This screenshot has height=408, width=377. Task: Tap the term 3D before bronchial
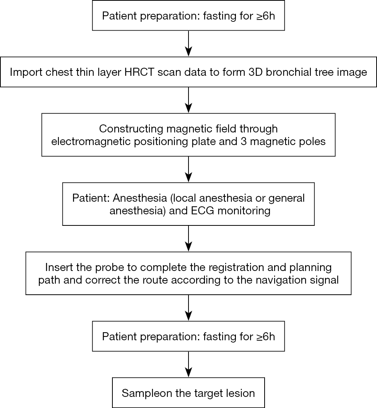tap(255, 72)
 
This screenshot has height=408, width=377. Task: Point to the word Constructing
tap(131, 129)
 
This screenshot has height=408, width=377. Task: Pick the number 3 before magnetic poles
tap(244, 142)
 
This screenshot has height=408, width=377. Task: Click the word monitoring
tap(244, 211)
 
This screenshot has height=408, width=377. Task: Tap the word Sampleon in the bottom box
tap(147, 393)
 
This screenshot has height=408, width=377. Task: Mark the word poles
tap(312, 142)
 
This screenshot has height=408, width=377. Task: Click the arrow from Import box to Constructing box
tap(188, 100)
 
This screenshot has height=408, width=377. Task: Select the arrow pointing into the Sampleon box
tap(188, 364)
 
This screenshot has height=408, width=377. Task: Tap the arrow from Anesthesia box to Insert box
tap(188, 238)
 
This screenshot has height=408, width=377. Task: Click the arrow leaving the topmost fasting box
tap(188, 44)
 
